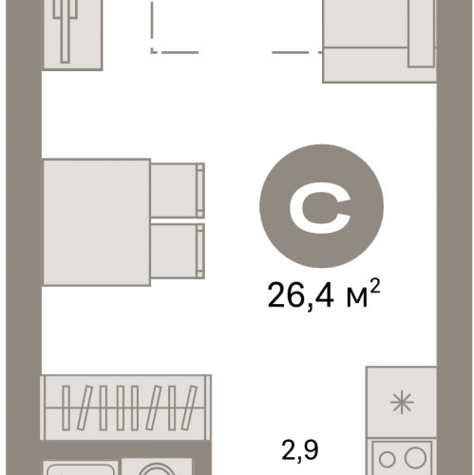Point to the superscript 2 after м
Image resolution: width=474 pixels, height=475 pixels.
tap(374, 286)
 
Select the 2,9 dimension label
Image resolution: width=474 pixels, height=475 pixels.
tap(299, 449)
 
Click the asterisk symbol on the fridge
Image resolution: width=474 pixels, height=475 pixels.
tap(402, 403)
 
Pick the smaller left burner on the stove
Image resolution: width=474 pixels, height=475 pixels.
tap(387, 460)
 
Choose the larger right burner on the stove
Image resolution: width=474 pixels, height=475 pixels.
tap(415, 458)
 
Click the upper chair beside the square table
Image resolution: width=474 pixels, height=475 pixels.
tap(177, 190)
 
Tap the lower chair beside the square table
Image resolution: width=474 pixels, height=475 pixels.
tap(177, 251)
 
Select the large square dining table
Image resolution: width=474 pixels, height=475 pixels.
tap(96, 222)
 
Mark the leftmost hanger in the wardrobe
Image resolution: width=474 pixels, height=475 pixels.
tap(66, 408)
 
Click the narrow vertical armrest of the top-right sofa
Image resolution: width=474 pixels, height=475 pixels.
tap(421, 33)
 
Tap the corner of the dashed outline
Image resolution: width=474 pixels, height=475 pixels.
tap(153, 51)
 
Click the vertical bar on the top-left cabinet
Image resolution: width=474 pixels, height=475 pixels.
tap(66, 38)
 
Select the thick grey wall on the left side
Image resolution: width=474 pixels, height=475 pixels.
tap(24, 237)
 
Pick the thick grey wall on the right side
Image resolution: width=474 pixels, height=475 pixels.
tap(454, 237)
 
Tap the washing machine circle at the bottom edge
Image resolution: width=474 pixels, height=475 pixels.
tap(157, 469)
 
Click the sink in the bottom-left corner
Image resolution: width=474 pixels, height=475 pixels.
tap(81, 467)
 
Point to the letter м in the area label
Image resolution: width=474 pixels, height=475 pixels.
tap(357, 299)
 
